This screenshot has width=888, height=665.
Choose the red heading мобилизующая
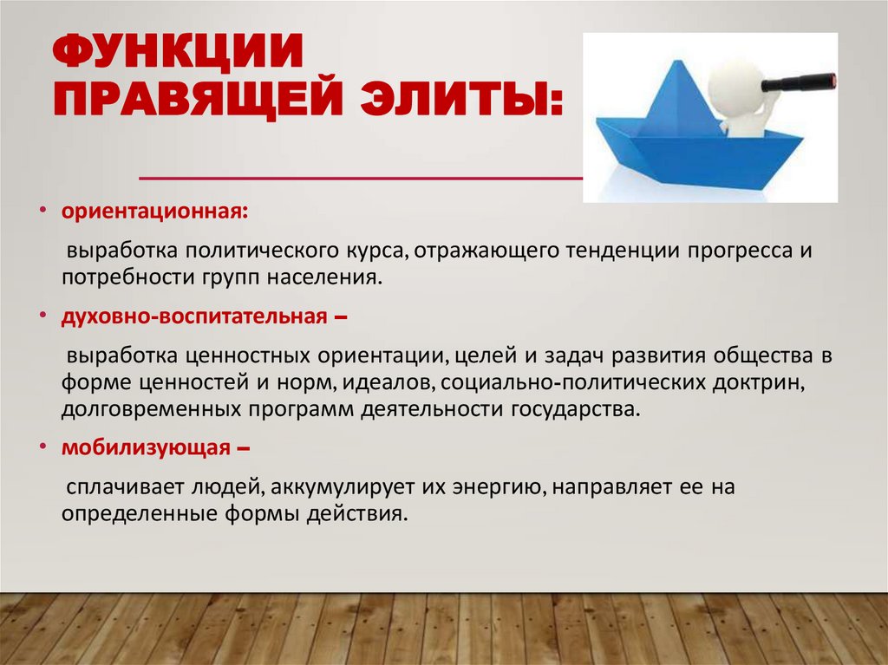pyautogui.click(x=144, y=448)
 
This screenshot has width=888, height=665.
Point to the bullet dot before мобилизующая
pyautogui.click(x=42, y=448)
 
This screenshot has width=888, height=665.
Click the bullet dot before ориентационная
pyautogui.click(x=42, y=212)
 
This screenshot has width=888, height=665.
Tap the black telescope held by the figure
pyautogui.click(x=797, y=83)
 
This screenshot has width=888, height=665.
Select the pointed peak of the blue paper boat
pyautogui.click(x=674, y=62)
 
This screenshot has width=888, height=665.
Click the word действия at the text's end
pyautogui.click(x=363, y=513)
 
